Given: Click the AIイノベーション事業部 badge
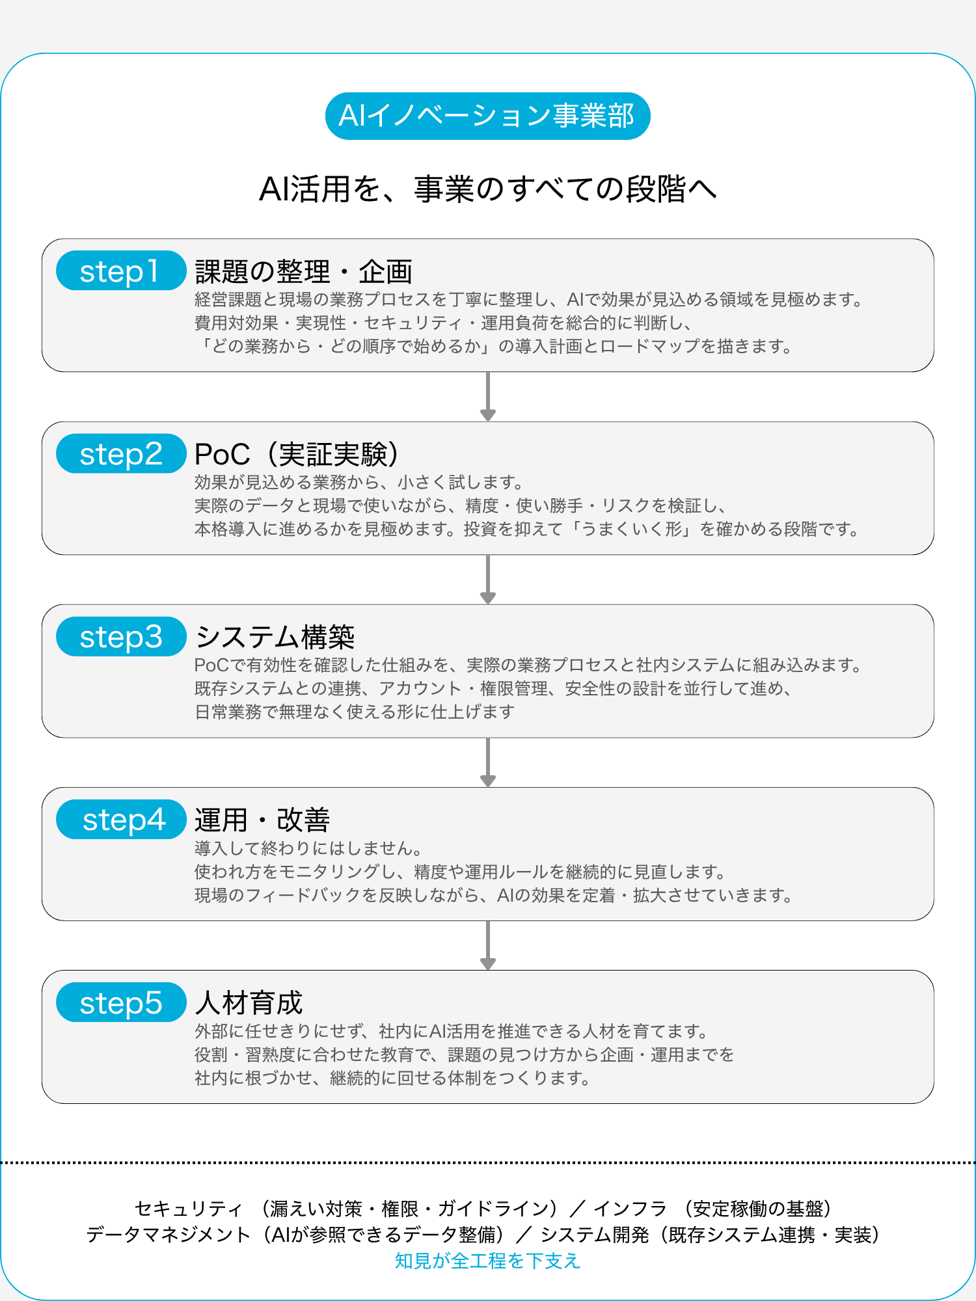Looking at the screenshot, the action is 488,116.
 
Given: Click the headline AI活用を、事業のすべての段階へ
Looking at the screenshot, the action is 488,189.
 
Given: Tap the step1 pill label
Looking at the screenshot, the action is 121,271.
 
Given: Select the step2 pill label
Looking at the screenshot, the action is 121,453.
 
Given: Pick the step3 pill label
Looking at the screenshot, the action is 121,636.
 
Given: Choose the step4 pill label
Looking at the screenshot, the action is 121,820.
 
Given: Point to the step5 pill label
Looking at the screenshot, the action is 121,1002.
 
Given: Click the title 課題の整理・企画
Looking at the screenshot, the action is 304,271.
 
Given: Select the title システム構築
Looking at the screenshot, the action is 275,637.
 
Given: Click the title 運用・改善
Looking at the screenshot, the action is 262,820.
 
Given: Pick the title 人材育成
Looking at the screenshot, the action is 249,1003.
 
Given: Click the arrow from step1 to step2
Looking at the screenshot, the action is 488,397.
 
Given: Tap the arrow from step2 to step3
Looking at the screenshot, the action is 488,580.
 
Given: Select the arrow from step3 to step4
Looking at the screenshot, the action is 488,762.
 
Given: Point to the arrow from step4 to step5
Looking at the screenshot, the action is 488,945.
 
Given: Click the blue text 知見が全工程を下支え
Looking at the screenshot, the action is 488,1261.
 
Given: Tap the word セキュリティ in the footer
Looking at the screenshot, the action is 189,1209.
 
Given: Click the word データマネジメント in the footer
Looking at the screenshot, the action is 169,1235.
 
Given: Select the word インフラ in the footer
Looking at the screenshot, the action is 630,1209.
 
